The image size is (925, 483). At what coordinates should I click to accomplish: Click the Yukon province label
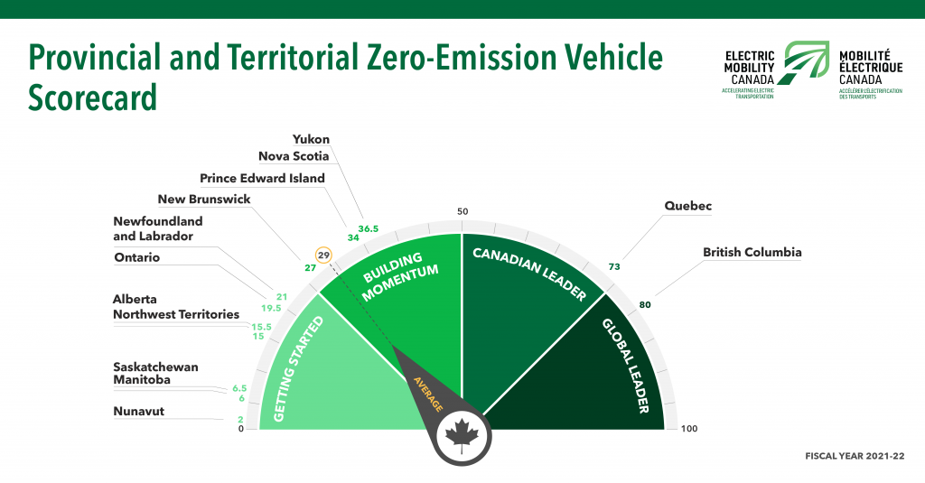311,139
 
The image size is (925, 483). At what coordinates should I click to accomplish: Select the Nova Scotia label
294,155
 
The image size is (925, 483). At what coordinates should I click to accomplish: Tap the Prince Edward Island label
263,178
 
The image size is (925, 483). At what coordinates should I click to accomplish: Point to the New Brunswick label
204,200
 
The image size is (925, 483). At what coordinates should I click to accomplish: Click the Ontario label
137,257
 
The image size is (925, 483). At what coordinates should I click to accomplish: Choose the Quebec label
687,206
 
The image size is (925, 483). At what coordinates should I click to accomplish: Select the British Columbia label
752,253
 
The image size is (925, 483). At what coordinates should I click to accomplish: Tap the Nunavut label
138,411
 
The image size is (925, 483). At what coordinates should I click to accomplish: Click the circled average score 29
323,255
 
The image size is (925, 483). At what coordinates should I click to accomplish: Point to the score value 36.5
369,228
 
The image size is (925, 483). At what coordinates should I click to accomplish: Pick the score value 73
614,266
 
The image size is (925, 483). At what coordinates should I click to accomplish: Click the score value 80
645,305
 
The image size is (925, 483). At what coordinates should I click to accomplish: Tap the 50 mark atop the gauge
462,212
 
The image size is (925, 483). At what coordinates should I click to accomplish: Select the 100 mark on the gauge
689,429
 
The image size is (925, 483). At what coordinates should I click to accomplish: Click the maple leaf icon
462,436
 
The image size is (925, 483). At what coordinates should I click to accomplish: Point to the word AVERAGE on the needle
428,394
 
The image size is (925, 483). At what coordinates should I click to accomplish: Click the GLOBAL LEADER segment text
626,366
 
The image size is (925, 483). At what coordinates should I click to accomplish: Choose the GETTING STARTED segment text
298,369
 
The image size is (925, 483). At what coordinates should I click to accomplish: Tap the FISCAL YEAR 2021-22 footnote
855,456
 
